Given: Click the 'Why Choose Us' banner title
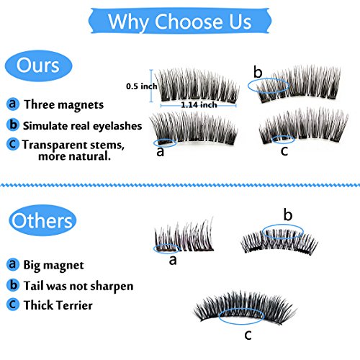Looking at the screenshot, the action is click(180, 22).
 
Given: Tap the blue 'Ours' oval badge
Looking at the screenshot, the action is click(38, 66).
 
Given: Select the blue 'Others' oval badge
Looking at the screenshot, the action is click(42, 220).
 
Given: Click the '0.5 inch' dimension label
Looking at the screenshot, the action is click(142, 86).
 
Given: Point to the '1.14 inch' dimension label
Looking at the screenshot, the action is click(199, 105).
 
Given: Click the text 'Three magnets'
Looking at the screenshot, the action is click(64, 105).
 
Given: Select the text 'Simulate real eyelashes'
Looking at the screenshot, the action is click(82, 126).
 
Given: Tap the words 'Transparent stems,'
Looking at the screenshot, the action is click(73, 145).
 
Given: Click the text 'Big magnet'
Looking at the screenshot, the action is click(53, 266).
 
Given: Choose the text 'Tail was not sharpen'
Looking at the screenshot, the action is click(78, 286).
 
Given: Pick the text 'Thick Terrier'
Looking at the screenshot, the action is click(58, 305).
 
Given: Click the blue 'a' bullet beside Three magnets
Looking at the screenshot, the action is click(13, 104).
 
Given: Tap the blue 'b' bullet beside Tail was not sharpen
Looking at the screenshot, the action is click(13, 285).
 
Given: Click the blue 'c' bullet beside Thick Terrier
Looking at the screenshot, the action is click(13, 305).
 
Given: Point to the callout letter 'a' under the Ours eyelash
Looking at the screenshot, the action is click(161, 152).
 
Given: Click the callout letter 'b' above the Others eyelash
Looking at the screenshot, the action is click(288, 215).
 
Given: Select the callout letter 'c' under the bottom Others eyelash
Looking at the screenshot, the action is click(248, 335).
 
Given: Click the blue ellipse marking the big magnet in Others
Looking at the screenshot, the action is click(153, 249).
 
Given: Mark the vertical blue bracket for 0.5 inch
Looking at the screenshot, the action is click(151, 86).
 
